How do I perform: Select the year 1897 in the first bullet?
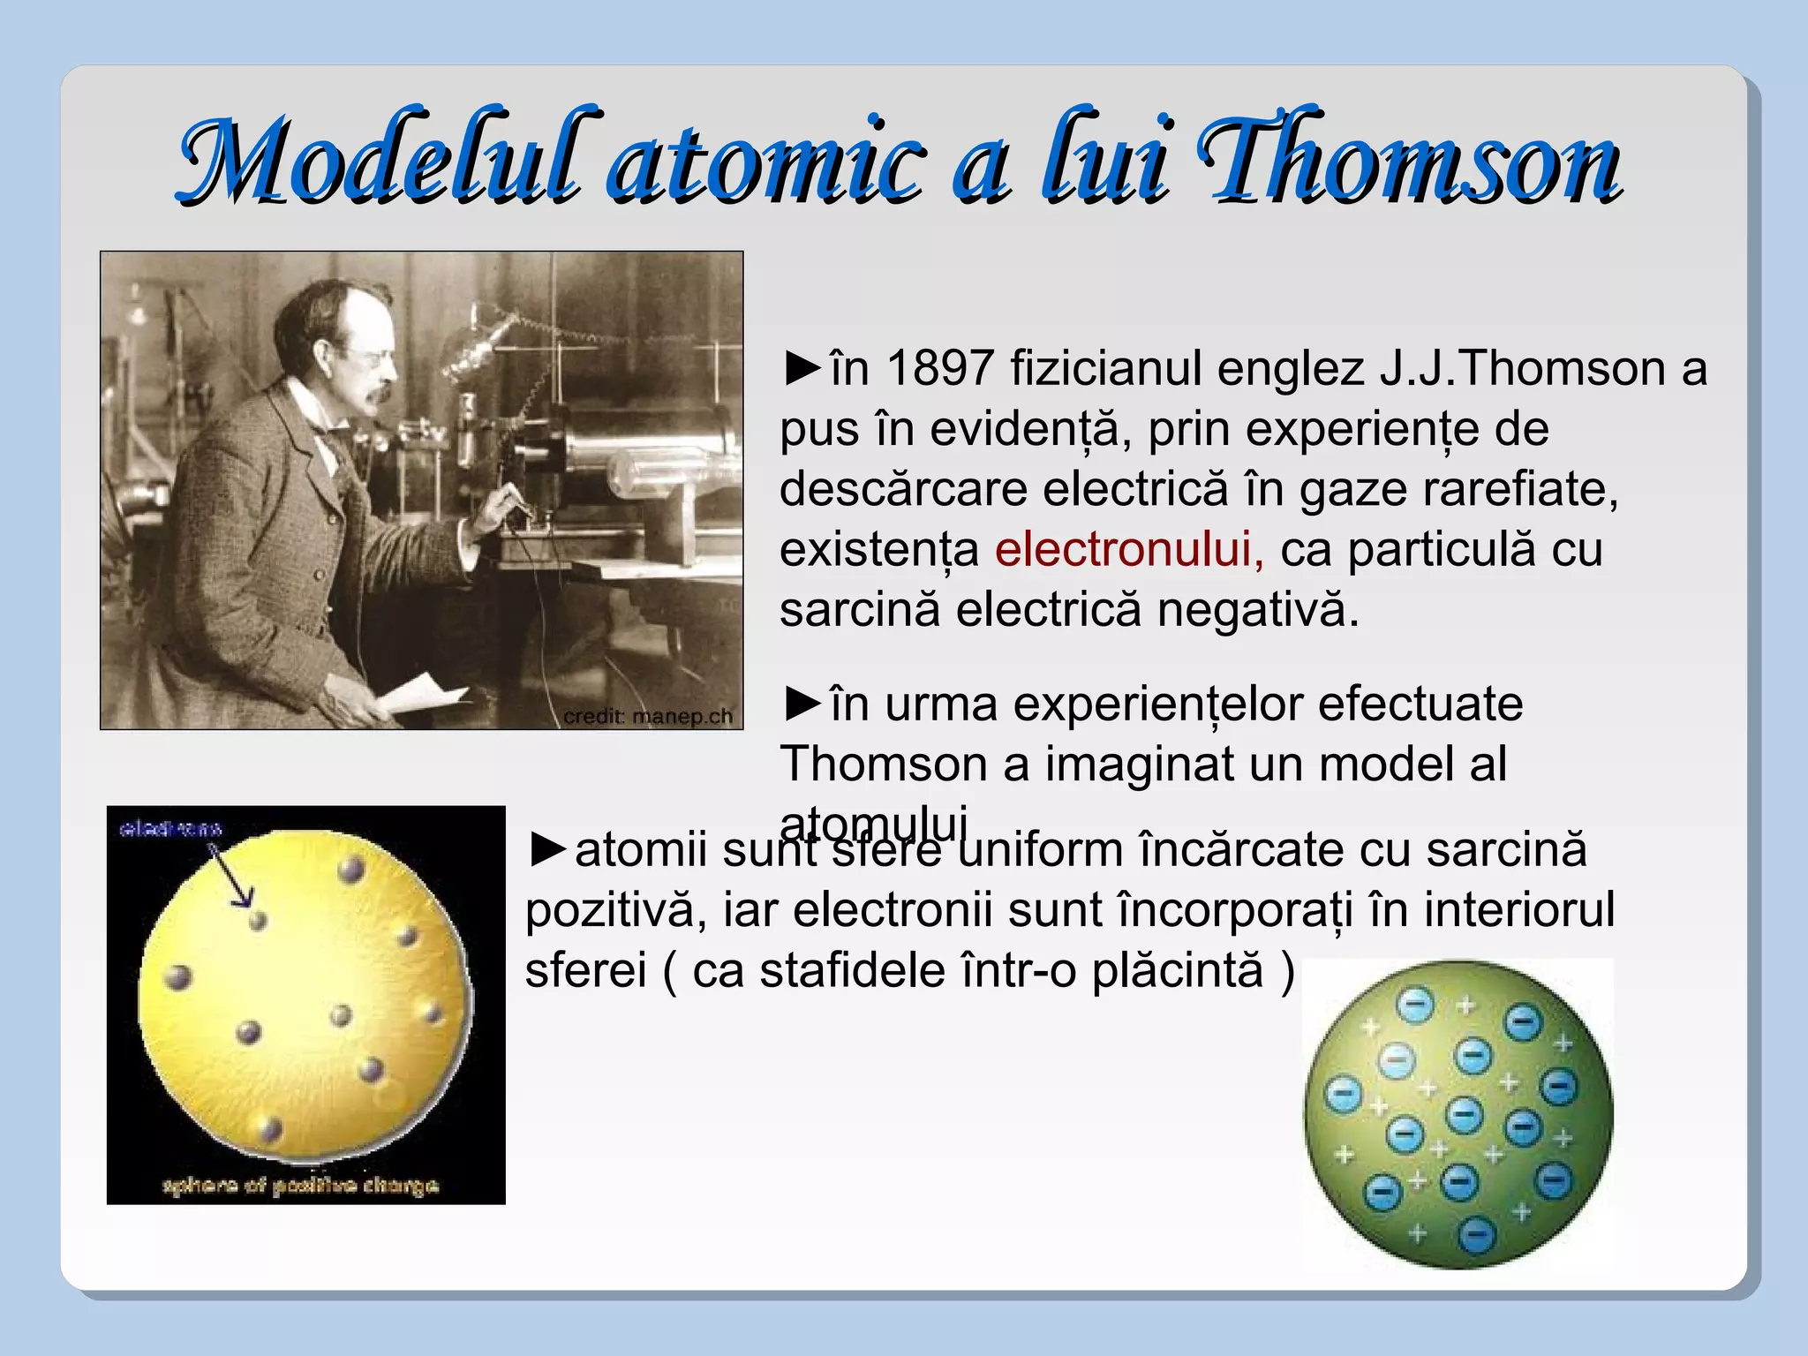940,368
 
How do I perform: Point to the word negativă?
1258,609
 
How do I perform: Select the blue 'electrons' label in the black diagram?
171,829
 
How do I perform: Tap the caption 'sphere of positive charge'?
300,1185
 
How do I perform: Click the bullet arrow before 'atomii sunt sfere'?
548,849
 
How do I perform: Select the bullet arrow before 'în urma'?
802,704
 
